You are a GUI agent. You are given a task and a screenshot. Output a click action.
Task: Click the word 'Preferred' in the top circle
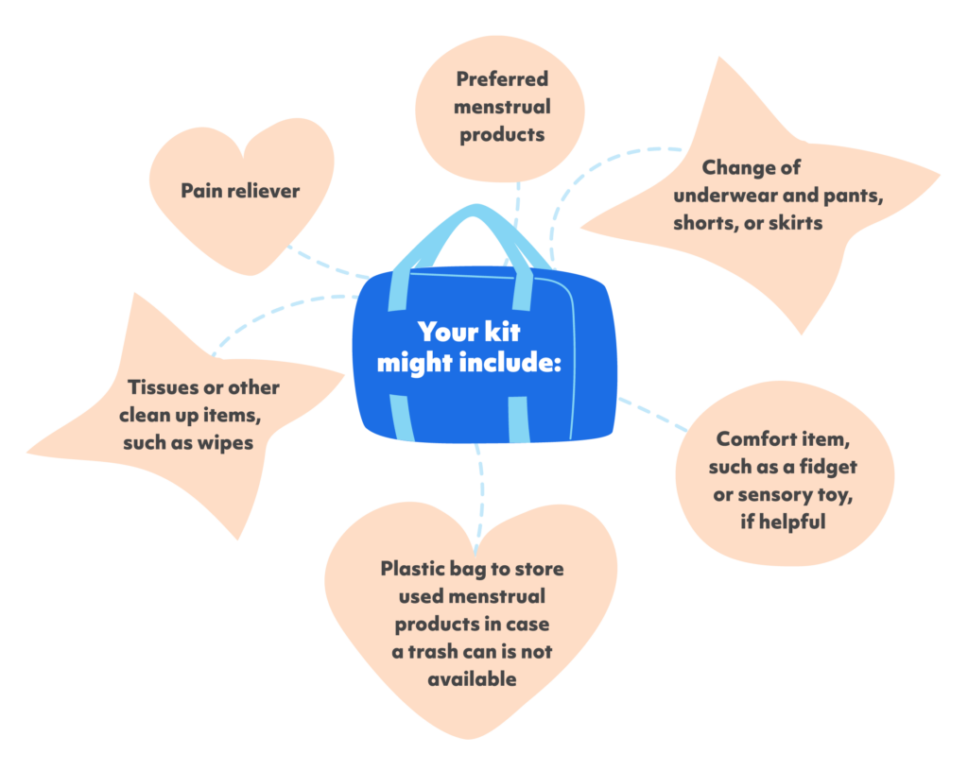point(501,78)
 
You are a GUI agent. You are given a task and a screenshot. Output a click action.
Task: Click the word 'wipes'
point(224,442)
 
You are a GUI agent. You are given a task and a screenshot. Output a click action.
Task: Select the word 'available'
point(472,679)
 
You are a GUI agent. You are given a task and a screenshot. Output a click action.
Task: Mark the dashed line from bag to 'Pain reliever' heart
point(326,265)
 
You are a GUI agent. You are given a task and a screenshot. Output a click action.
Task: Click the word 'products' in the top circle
point(502,134)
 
